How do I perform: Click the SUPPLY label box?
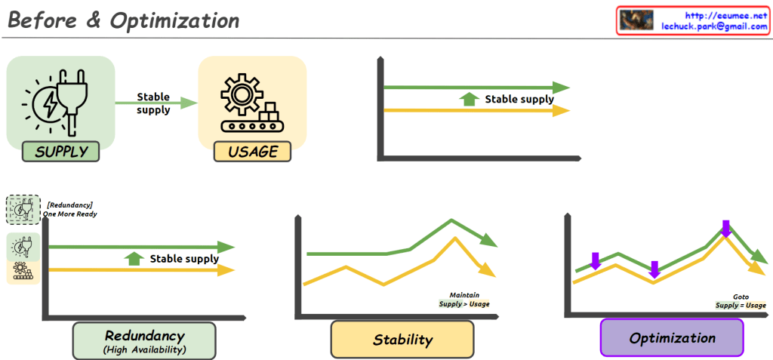(x=62, y=152)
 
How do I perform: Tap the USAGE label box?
(x=253, y=152)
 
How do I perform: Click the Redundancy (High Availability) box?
(x=144, y=340)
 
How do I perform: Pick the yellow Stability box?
(x=402, y=340)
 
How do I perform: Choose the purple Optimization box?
(x=672, y=337)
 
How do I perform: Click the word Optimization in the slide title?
(x=174, y=20)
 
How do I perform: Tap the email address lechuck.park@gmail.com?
(x=714, y=26)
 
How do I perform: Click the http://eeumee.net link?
(x=725, y=14)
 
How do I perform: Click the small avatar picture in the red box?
(x=636, y=20)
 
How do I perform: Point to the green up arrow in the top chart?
(x=470, y=99)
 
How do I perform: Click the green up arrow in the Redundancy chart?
(x=134, y=259)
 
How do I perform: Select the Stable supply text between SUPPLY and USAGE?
(x=153, y=103)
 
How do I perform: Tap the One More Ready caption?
(x=69, y=214)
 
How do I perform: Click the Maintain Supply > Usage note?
(x=464, y=300)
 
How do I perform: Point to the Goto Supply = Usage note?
(x=741, y=301)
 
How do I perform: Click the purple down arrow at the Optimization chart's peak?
(x=725, y=228)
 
